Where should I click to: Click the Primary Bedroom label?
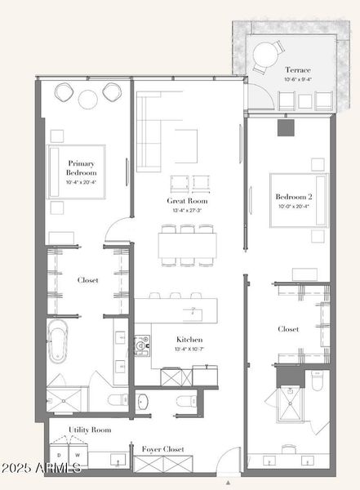click(82, 168)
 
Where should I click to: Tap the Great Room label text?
click(187, 201)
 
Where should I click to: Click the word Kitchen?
click(189, 339)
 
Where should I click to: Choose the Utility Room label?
click(90, 430)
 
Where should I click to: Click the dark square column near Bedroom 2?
click(284, 127)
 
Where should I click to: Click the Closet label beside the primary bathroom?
click(88, 280)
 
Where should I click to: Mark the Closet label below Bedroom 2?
click(288, 329)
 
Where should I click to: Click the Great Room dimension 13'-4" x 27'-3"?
click(187, 211)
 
